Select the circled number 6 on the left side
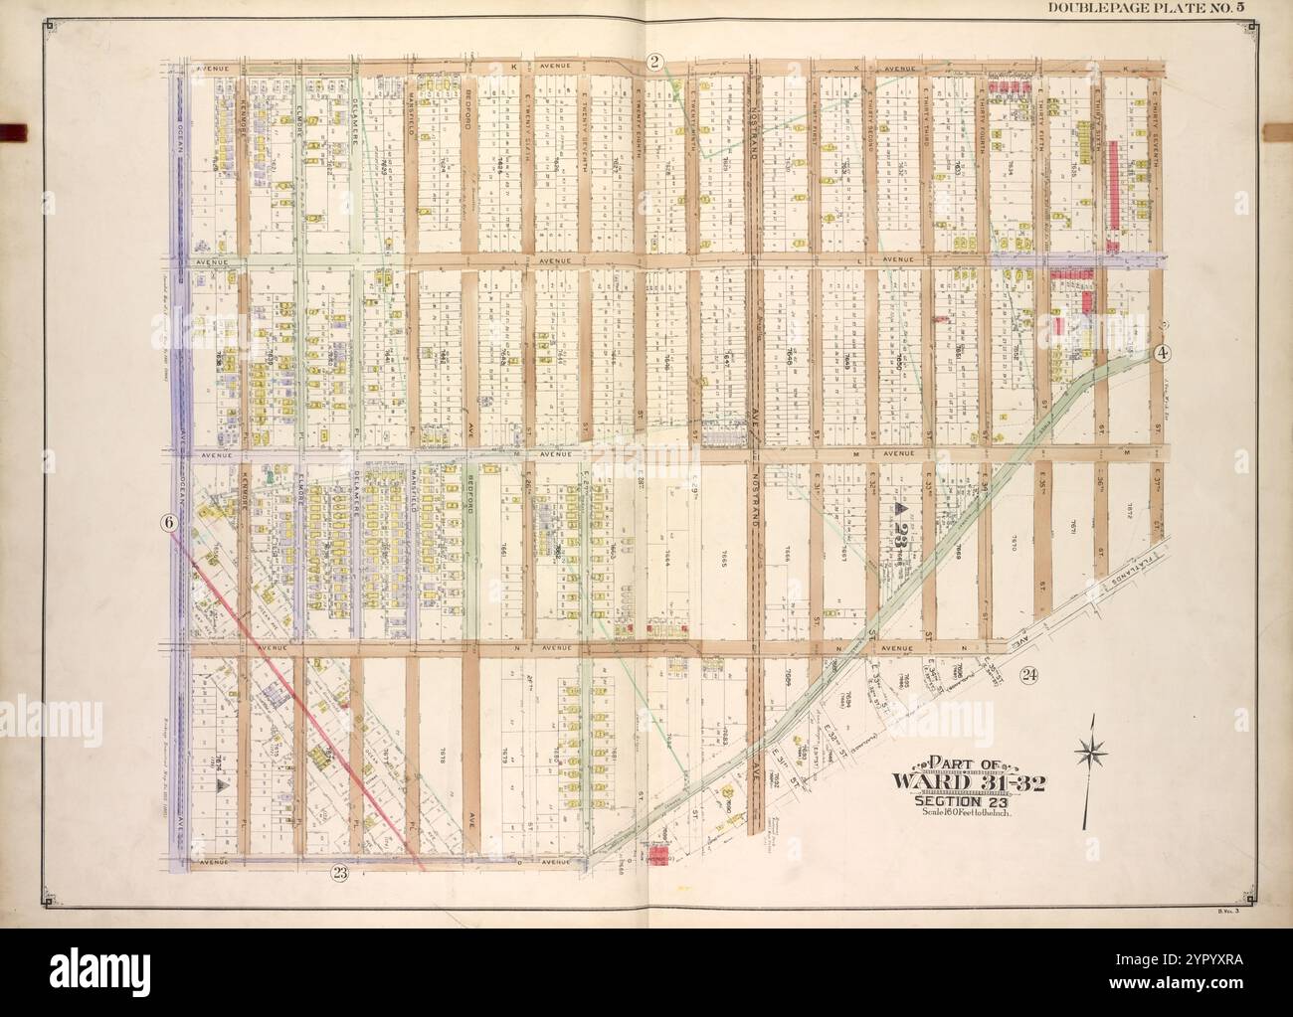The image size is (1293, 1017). click(168, 522)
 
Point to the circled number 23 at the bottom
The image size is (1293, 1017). click(340, 875)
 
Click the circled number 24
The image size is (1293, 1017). click(1028, 675)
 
